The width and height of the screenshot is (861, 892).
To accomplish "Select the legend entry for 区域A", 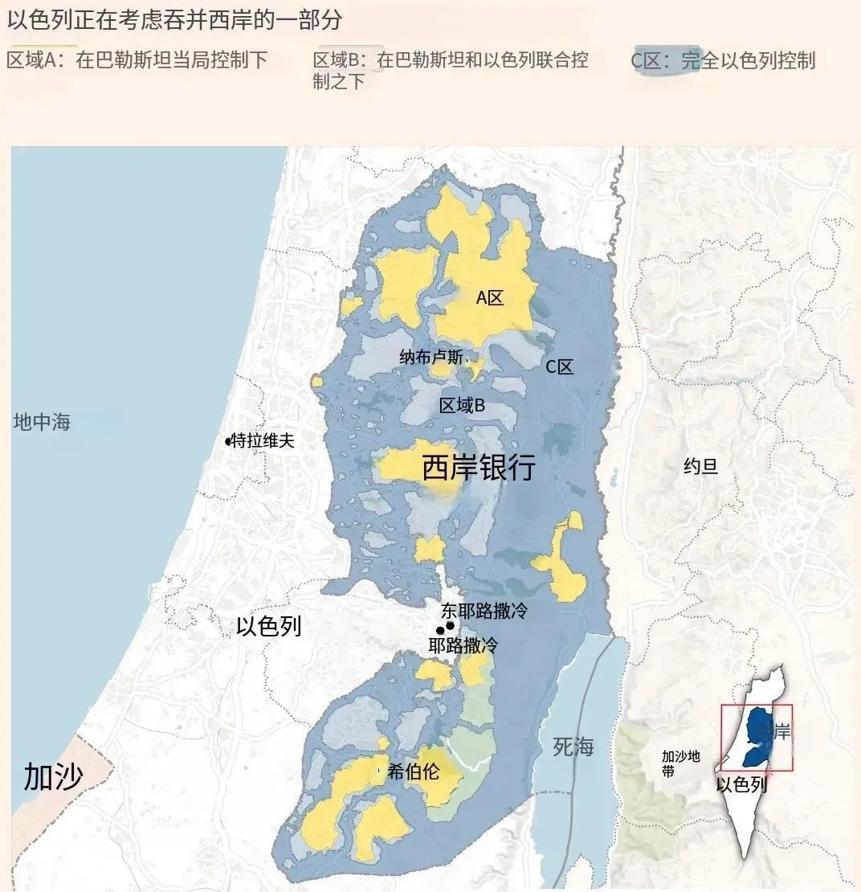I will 137,60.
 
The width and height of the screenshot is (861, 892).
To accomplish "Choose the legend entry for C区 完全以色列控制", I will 723,60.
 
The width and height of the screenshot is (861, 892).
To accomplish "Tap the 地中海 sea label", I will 42,422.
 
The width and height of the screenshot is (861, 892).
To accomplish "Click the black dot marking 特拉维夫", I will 228,441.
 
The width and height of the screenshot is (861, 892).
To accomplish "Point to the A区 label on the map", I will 489,298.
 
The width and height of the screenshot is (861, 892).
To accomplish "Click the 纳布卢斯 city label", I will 431,358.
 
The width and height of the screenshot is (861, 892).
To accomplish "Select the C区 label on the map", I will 560,367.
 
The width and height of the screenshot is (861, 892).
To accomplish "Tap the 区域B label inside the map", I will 462,406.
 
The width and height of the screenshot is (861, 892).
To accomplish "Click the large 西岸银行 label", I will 479,468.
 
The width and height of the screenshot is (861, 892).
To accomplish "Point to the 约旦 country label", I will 700,466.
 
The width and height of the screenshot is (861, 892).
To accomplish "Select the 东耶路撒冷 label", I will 484,611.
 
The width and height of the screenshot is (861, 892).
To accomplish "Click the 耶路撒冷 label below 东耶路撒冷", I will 463,644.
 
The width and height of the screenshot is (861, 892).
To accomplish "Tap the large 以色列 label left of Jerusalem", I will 269,627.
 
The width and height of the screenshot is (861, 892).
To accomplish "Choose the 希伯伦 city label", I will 413,772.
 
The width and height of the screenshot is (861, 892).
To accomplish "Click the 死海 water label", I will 573,747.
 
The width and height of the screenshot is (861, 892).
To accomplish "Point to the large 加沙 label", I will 53,777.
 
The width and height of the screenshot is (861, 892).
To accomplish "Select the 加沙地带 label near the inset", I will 680,763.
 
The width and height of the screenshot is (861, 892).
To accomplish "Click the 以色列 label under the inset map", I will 741,784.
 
